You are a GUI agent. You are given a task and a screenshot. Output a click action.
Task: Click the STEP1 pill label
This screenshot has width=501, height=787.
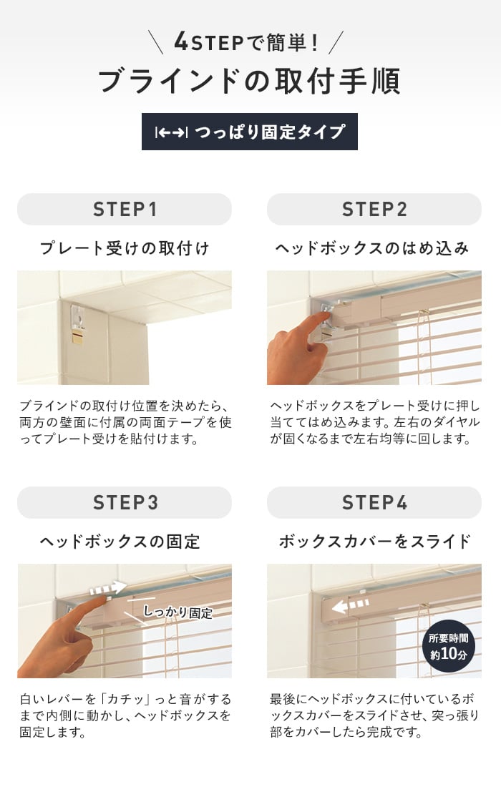point(125,210)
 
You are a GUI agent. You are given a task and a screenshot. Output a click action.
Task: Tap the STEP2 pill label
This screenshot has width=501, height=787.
point(374,210)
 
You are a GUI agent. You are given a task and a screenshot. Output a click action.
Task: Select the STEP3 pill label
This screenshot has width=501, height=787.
point(125,502)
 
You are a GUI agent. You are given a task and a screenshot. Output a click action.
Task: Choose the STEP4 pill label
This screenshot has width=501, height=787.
point(374,502)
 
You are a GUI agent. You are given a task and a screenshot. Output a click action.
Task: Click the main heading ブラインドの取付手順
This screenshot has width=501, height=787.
point(250,81)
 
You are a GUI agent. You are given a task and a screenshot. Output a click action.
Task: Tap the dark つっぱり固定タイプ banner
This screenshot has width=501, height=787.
point(250,132)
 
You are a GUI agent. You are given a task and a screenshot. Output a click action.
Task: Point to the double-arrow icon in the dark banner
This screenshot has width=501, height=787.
point(171,132)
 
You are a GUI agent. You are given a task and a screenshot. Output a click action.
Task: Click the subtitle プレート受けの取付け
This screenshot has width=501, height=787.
point(125,248)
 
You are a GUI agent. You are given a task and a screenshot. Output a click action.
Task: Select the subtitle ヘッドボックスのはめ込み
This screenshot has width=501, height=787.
point(372,248)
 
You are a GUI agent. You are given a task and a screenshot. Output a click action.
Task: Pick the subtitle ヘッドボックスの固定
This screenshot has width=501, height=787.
point(120,541)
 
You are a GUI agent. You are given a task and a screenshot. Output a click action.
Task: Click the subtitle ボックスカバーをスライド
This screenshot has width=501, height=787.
point(374,541)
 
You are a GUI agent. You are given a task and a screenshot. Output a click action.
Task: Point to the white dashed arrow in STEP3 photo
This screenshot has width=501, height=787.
point(108,587)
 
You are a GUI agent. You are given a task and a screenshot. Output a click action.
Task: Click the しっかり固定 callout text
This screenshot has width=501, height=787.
point(177,612)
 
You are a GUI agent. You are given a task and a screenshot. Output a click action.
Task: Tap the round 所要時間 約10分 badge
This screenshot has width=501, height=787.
point(449,647)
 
